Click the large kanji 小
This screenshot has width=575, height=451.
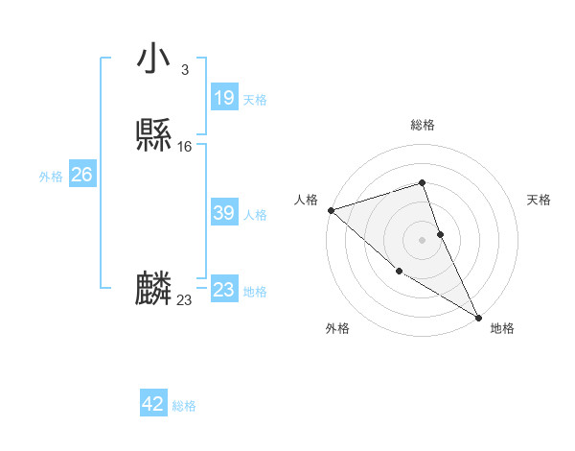click(153, 59)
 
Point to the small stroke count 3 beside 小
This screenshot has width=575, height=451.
click(184, 69)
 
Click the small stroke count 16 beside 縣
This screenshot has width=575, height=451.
click(184, 147)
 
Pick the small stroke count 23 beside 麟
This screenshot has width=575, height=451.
click(184, 300)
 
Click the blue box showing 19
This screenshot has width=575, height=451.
click(223, 97)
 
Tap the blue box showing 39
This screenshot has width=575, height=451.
click(223, 213)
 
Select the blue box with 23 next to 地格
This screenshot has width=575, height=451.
click(223, 289)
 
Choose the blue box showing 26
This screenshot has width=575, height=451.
click(81, 175)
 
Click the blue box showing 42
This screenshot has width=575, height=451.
click(153, 404)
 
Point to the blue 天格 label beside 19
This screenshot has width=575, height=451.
click(255, 99)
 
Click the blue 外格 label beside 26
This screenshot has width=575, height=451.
click(51, 177)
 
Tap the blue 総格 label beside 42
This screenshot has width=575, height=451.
click(184, 406)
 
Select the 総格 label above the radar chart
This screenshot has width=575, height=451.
click(423, 125)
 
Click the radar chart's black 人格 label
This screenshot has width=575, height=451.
click(307, 200)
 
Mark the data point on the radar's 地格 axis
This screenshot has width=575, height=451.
click(479, 318)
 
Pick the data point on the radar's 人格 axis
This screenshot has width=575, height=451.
click(331, 209)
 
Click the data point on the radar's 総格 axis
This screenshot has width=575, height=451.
click(423, 182)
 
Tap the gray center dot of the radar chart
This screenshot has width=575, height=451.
click(423, 239)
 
